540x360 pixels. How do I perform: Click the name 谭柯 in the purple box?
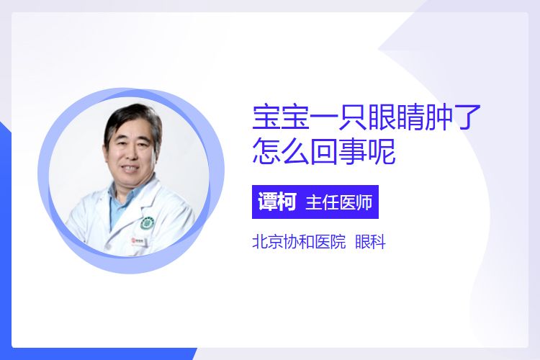point(277,202)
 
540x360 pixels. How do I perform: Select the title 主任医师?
point(339,202)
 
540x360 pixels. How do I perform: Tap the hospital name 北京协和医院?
point(299,241)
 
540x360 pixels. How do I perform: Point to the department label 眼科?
point(370,241)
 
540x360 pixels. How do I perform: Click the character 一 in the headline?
point(324,117)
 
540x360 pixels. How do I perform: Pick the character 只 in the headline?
point(353,117)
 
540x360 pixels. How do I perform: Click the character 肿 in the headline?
point(438,117)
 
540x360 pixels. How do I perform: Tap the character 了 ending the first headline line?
point(467,117)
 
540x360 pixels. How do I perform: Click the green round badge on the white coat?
point(147,224)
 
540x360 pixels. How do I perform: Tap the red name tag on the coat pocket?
point(138,240)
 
